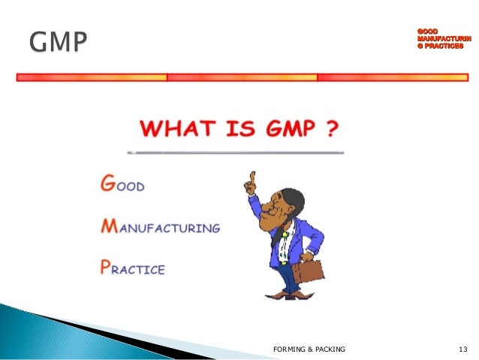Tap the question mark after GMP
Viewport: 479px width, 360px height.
click(330, 129)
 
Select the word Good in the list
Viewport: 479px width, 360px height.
click(126, 185)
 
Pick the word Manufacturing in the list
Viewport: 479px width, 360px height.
click(160, 226)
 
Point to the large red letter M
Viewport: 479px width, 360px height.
click(110, 225)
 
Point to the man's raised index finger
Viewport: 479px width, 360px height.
click(252, 179)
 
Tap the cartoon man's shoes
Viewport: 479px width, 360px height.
click(284, 295)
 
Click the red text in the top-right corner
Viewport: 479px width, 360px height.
click(439, 38)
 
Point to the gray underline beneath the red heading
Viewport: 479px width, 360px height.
click(236, 152)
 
